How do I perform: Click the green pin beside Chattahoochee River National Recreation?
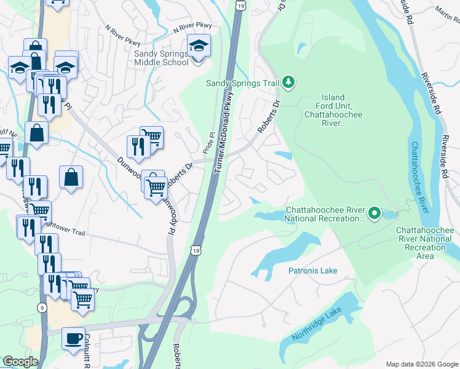(373, 213)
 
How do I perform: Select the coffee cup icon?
(74, 338)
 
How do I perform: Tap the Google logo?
(21, 362)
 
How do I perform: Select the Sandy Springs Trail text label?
(242, 82)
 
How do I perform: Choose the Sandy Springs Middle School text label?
(162, 58)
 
